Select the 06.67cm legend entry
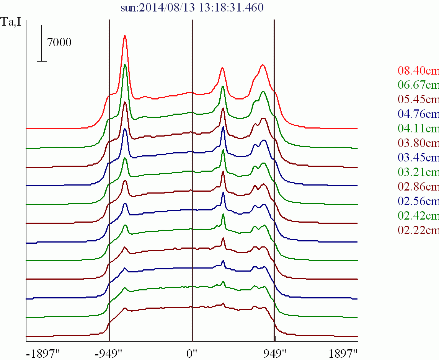418,85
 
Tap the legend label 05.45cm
418,99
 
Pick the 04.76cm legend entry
418,114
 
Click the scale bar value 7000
59,42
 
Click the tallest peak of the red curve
125,36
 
